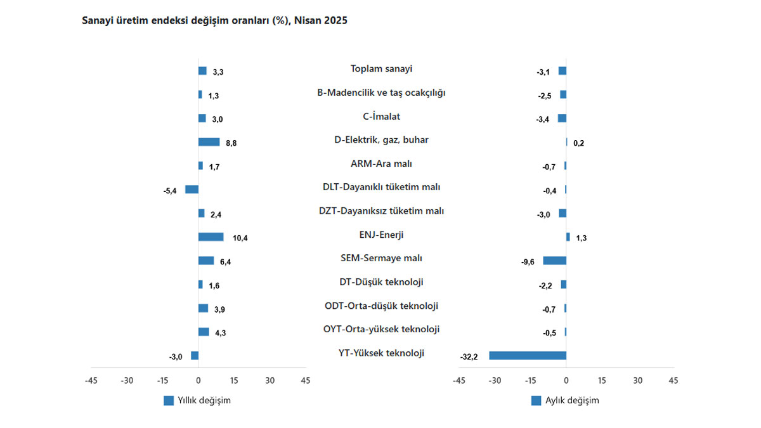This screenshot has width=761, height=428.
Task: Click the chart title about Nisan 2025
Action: pyautogui.click(x=214, y=20)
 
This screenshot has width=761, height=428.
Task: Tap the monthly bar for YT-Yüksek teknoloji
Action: pyautogui.click(x=528, y=356)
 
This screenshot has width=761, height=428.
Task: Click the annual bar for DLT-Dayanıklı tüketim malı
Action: pyautogui.click(x=192, y=190)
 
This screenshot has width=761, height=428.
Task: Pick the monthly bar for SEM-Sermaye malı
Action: pyautogui.click(x=555, y=261)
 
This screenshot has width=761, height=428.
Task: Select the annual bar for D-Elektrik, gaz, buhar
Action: pyautogui.click(x=209, y=142)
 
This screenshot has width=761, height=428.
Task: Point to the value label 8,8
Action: pyautogui.click(x=231, y=143)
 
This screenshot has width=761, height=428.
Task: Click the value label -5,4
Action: pyautogui.click(x=169, y=191)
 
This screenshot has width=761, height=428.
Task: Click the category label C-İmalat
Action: pyautogui.click(x=381, y=116)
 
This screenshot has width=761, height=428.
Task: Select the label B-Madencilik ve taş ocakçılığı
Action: pyautogui.click(x=381, y=93)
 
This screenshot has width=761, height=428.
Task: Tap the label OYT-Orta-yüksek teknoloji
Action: pyautogui.click(x=381, y=329)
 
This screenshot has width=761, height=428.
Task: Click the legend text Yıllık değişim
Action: pyautogui.click(x=204, y=401)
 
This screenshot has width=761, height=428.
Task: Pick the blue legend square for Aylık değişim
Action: pyautogui.click(x=536, y=401)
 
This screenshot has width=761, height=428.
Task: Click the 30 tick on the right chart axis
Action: pyautogui.click(x=638, y=380)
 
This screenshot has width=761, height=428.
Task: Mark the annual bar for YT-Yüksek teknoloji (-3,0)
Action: pyautogui.click(x=195, y=356)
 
